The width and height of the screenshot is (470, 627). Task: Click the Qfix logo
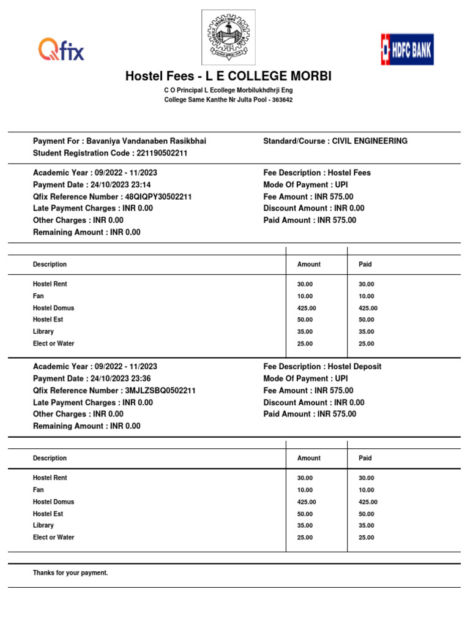[x=61, y=49]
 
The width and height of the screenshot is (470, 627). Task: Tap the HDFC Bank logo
[x=407, y=49]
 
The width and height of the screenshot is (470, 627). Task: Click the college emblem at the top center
[x=228, y=37]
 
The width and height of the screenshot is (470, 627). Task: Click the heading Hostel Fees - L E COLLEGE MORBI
[x=228, y=77]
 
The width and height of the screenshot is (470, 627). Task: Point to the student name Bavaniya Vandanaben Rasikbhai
[x=146, y=141]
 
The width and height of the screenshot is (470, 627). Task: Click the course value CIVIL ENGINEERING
[x=370, y=141]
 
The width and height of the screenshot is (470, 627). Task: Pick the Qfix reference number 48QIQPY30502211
[x=158, y=197]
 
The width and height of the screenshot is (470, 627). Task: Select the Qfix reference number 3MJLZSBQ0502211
[x=160, y=391]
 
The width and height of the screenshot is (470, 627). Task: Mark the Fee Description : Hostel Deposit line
[x=322, y=367]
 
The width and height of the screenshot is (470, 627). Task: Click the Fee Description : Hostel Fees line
[x=317, y=173]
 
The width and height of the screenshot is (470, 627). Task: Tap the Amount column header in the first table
[x=308, y=265]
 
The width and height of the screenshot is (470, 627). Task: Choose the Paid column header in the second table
[x=365, y=458]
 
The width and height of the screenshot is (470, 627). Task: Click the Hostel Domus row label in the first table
[x=53, y=308]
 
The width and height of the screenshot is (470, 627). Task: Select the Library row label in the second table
[x=43, y=525]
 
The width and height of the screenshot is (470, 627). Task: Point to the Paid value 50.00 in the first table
[x=366, y=320]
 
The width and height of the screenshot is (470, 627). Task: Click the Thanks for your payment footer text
[x=70, y=573]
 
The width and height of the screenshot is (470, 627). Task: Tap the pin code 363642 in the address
[x=282, y=100]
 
